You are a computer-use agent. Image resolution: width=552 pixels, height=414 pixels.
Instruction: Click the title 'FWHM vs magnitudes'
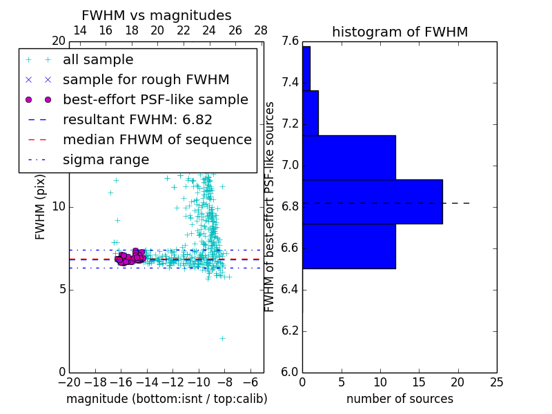[156, 15]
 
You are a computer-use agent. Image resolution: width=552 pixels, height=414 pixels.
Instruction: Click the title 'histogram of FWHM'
[400, 32]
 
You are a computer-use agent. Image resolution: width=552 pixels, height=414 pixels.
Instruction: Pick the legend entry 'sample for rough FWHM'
[146, 79]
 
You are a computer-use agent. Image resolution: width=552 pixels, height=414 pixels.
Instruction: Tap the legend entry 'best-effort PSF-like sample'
[155, 99]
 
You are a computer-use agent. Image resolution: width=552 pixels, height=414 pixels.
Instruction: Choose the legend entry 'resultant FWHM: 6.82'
[137, 119]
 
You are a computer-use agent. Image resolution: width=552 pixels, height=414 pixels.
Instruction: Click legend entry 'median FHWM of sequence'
[157, 139]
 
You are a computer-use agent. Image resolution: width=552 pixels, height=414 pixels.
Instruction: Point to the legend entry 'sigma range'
[106, 159]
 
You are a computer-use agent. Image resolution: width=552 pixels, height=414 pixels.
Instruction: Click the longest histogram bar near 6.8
[372, 201]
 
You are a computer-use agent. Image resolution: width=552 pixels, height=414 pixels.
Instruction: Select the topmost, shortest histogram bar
[306, 68]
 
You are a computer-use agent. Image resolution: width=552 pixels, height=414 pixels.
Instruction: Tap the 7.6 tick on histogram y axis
[290, 41]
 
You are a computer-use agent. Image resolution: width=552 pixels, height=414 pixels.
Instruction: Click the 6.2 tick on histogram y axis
[290, 331]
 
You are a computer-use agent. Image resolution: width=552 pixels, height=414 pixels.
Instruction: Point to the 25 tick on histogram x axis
[496, 382]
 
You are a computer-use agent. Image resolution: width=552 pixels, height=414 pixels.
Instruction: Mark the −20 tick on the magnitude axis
[69, 382]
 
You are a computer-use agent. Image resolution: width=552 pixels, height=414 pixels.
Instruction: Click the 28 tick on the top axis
[261, 30]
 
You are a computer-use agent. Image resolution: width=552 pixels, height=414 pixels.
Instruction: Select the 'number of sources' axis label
[400, 399]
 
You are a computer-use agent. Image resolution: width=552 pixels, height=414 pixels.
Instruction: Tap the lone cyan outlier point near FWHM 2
[222, 338]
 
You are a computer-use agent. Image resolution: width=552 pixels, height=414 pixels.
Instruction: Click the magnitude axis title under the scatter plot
[166, 399]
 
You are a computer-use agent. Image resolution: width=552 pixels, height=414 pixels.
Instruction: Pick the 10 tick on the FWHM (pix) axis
[58, 207]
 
